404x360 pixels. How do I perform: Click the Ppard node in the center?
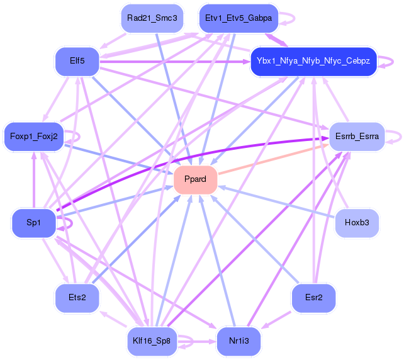[195, 179]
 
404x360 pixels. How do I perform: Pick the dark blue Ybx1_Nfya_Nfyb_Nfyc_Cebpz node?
[313, 61]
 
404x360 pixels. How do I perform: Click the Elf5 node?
[77, 61]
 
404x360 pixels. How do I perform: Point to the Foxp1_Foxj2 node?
[33, 136]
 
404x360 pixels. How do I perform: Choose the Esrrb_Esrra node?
[357, 136]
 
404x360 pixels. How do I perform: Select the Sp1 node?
[33, 223]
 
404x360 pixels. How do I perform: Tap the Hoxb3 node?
[357, 223]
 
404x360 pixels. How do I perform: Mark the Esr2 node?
[313, 297]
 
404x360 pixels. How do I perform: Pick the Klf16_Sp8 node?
[152, 340]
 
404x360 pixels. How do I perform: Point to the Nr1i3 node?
[238, 340]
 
